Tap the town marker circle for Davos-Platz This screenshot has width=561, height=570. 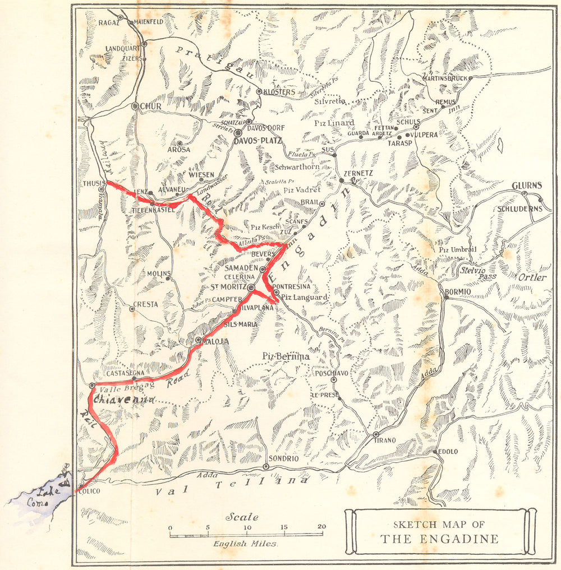[238, 133]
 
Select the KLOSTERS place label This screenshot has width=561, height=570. [279, 92]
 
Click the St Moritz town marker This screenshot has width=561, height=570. [252, 288]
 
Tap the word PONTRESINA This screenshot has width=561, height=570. [291, 286]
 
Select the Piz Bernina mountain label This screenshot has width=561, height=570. [286, 356]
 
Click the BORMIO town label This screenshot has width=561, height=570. [459, 291]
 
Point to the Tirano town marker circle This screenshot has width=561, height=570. [376, 434]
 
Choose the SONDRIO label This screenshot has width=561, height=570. [283, 458]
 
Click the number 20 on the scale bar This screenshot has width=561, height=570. [321, 527]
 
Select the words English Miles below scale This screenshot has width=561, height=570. [245, 543]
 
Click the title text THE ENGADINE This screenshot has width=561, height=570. [439, 539]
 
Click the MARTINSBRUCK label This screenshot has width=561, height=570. [445, 78]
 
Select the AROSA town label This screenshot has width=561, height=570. [178, 150]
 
